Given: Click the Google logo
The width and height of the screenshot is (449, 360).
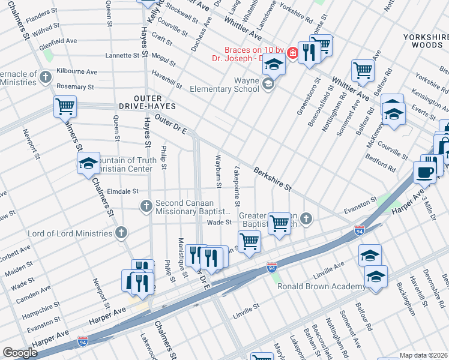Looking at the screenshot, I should (x=20, y=353).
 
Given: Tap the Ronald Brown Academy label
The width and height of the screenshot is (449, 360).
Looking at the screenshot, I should (x=321, y=286).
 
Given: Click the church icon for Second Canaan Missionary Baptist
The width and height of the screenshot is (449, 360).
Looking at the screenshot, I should (x=146, y=206).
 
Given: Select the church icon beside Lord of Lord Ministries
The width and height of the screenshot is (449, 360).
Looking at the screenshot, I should (x=121, y=233).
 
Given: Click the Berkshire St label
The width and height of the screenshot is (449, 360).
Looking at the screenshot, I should (x=273, y=179).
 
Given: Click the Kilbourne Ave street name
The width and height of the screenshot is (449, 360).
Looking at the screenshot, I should (x=76, y=71).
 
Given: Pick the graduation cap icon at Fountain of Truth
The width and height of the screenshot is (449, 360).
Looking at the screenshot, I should (x=88, y=163).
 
